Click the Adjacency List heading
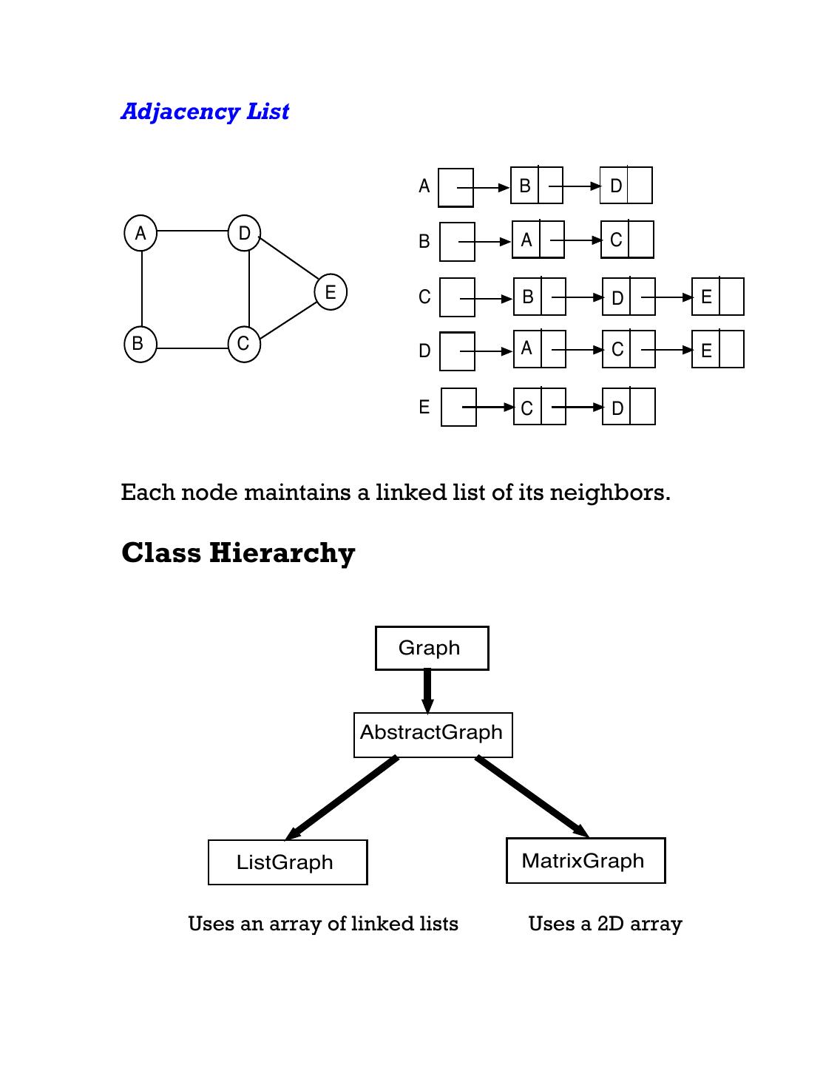(205, 112)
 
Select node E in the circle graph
(331, 291)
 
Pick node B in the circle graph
(140, 345)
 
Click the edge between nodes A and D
(192, 231)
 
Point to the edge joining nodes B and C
(192, 348)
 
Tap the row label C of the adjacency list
(424, 297)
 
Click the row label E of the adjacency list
(424, 407)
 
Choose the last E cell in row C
(706, 297)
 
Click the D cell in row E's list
(617, 408)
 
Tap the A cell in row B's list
(526, 240)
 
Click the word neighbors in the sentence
(609, 493)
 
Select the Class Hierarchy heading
(238, 553)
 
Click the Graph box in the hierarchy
(432, 649)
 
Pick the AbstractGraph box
(433, 734)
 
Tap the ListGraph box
(288, 862)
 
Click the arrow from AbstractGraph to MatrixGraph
(532, 797)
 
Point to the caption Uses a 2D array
(605, 924)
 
